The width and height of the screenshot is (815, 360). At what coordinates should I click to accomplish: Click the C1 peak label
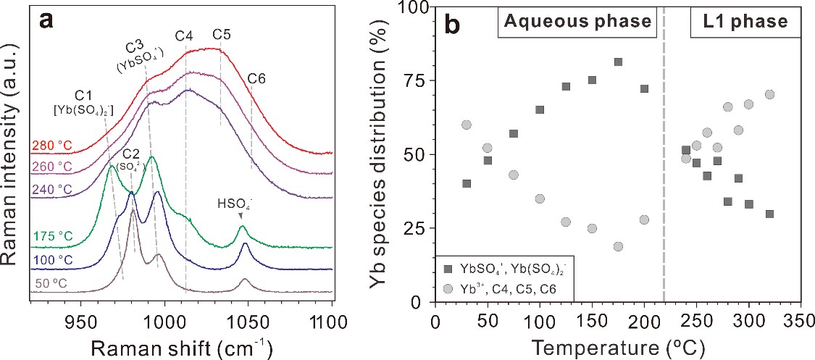[84, 95]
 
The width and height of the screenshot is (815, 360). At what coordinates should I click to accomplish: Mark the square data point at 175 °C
[618, 62]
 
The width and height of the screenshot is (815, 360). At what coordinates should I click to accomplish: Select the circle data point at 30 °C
[466, 125]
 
